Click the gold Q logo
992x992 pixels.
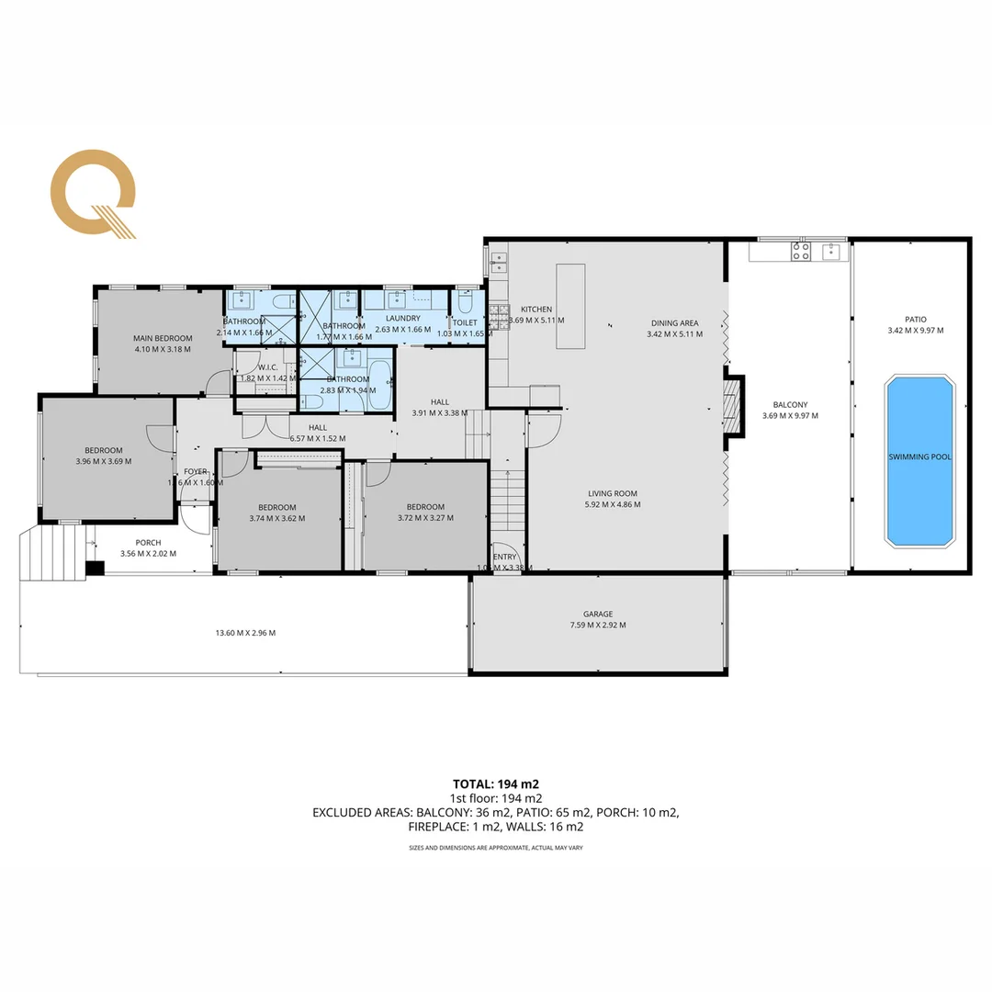[x=93, y=194]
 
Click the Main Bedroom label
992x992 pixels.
[x=162, y=338]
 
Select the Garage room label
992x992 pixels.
[x=597, y=614]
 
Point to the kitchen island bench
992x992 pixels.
[x=569, y=306]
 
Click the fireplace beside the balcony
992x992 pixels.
[x=732, y=405]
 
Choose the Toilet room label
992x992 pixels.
[x=465, y=322]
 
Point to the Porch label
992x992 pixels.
[x=148, y=543]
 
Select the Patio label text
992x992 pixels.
[x=915, y=319]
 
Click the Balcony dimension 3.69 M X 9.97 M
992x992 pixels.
[x=790, y=415]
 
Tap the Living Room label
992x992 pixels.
[x=613, y=492]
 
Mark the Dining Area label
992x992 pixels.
[x=675, y=322]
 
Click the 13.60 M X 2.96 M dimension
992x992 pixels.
[x=245, y=632]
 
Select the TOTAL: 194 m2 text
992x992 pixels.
[x=496, y=783]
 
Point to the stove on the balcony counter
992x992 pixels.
[x=801, y=251]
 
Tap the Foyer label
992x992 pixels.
[x=196, y=471]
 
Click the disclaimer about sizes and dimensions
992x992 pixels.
[x=496, y=848]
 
